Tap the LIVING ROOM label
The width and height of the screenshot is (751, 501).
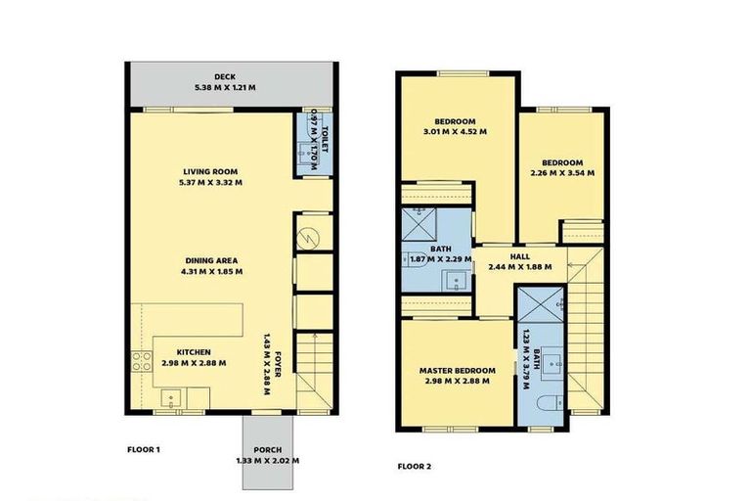point(212,169)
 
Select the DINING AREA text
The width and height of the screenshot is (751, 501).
point(214,260)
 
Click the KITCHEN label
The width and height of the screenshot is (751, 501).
point(193,351)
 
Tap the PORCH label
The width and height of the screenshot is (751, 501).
point(267,449)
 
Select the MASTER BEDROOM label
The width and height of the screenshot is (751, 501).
point(457,370)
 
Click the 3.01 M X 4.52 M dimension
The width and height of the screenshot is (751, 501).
point(455,131)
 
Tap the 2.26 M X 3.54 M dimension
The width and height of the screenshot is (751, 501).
point(561,173)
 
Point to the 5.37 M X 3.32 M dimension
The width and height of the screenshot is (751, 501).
point(212,182)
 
